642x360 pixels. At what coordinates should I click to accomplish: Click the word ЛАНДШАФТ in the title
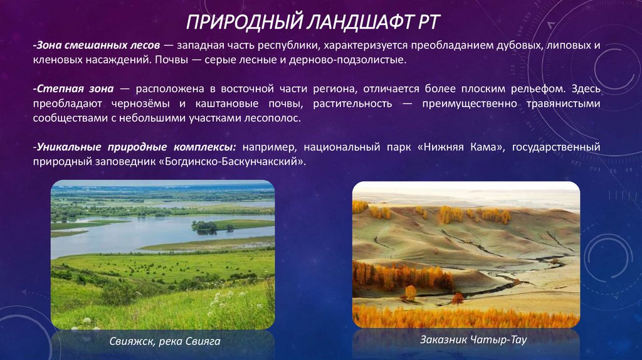pos(353,23)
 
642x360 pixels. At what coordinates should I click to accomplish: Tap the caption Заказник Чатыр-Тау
pos(465,339)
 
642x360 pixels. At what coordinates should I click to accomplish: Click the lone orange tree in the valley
pos(411,292)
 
